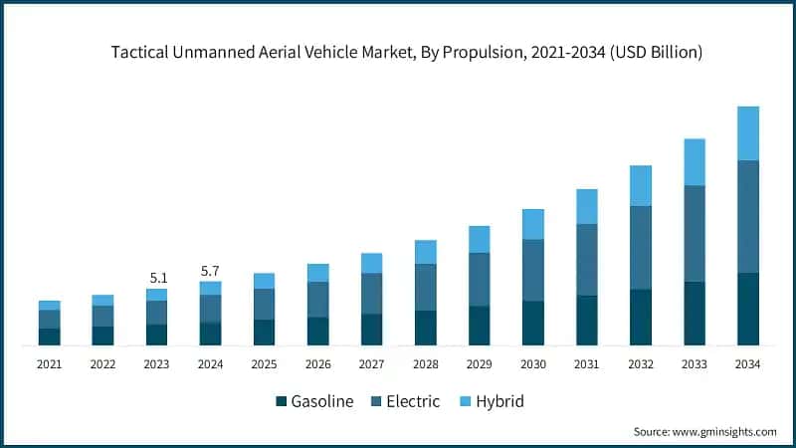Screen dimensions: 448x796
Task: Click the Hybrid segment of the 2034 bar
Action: (748, 133)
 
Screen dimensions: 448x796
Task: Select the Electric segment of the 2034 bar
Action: (748, 216)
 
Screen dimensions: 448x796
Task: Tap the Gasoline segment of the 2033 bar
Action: (695, 314)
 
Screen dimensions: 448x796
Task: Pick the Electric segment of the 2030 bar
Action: (533, 270)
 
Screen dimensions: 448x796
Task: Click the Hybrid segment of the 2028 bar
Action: (426, 252)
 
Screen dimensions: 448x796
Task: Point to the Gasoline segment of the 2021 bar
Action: (50, 336)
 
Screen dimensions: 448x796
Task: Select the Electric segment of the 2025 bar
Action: (265, 304)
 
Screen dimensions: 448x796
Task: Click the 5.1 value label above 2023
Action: (156, 278)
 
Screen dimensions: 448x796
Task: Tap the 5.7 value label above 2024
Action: (210, 270)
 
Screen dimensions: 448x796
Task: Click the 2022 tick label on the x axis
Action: (103, 365)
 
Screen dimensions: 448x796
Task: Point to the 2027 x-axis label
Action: (372, 365)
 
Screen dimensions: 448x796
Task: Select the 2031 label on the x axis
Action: (587, 365)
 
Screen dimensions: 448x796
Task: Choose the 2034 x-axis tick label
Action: (748, 365)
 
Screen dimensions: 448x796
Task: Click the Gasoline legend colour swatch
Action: (282, 402)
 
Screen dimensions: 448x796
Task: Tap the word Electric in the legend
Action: (413, 402)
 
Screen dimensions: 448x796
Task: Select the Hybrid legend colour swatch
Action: (465, 402)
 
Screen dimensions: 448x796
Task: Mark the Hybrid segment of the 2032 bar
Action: (641, 185)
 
